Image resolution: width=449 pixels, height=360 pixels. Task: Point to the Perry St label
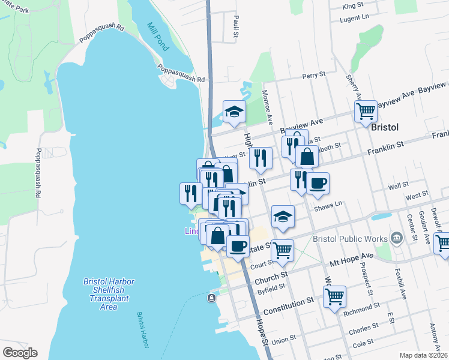[x=313, y=76]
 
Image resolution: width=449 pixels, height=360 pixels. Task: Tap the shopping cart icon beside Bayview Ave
[x=365, y=111]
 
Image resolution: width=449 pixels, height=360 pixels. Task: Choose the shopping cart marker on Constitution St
[x=334, y=296]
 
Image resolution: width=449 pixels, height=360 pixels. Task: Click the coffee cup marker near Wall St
[x=318, y=183]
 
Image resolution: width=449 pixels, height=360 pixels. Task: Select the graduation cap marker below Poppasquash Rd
[x=234, y=111]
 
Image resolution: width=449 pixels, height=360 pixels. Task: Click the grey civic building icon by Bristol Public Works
[x=396, y=238]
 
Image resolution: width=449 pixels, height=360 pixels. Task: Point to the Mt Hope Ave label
[x=352, y=259]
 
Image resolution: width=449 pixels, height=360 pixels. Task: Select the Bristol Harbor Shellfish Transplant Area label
[x=108, y=294]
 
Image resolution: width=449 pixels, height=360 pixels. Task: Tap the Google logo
[x=20, y=353]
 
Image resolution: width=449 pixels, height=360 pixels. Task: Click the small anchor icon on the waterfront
[x=211, y=298]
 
